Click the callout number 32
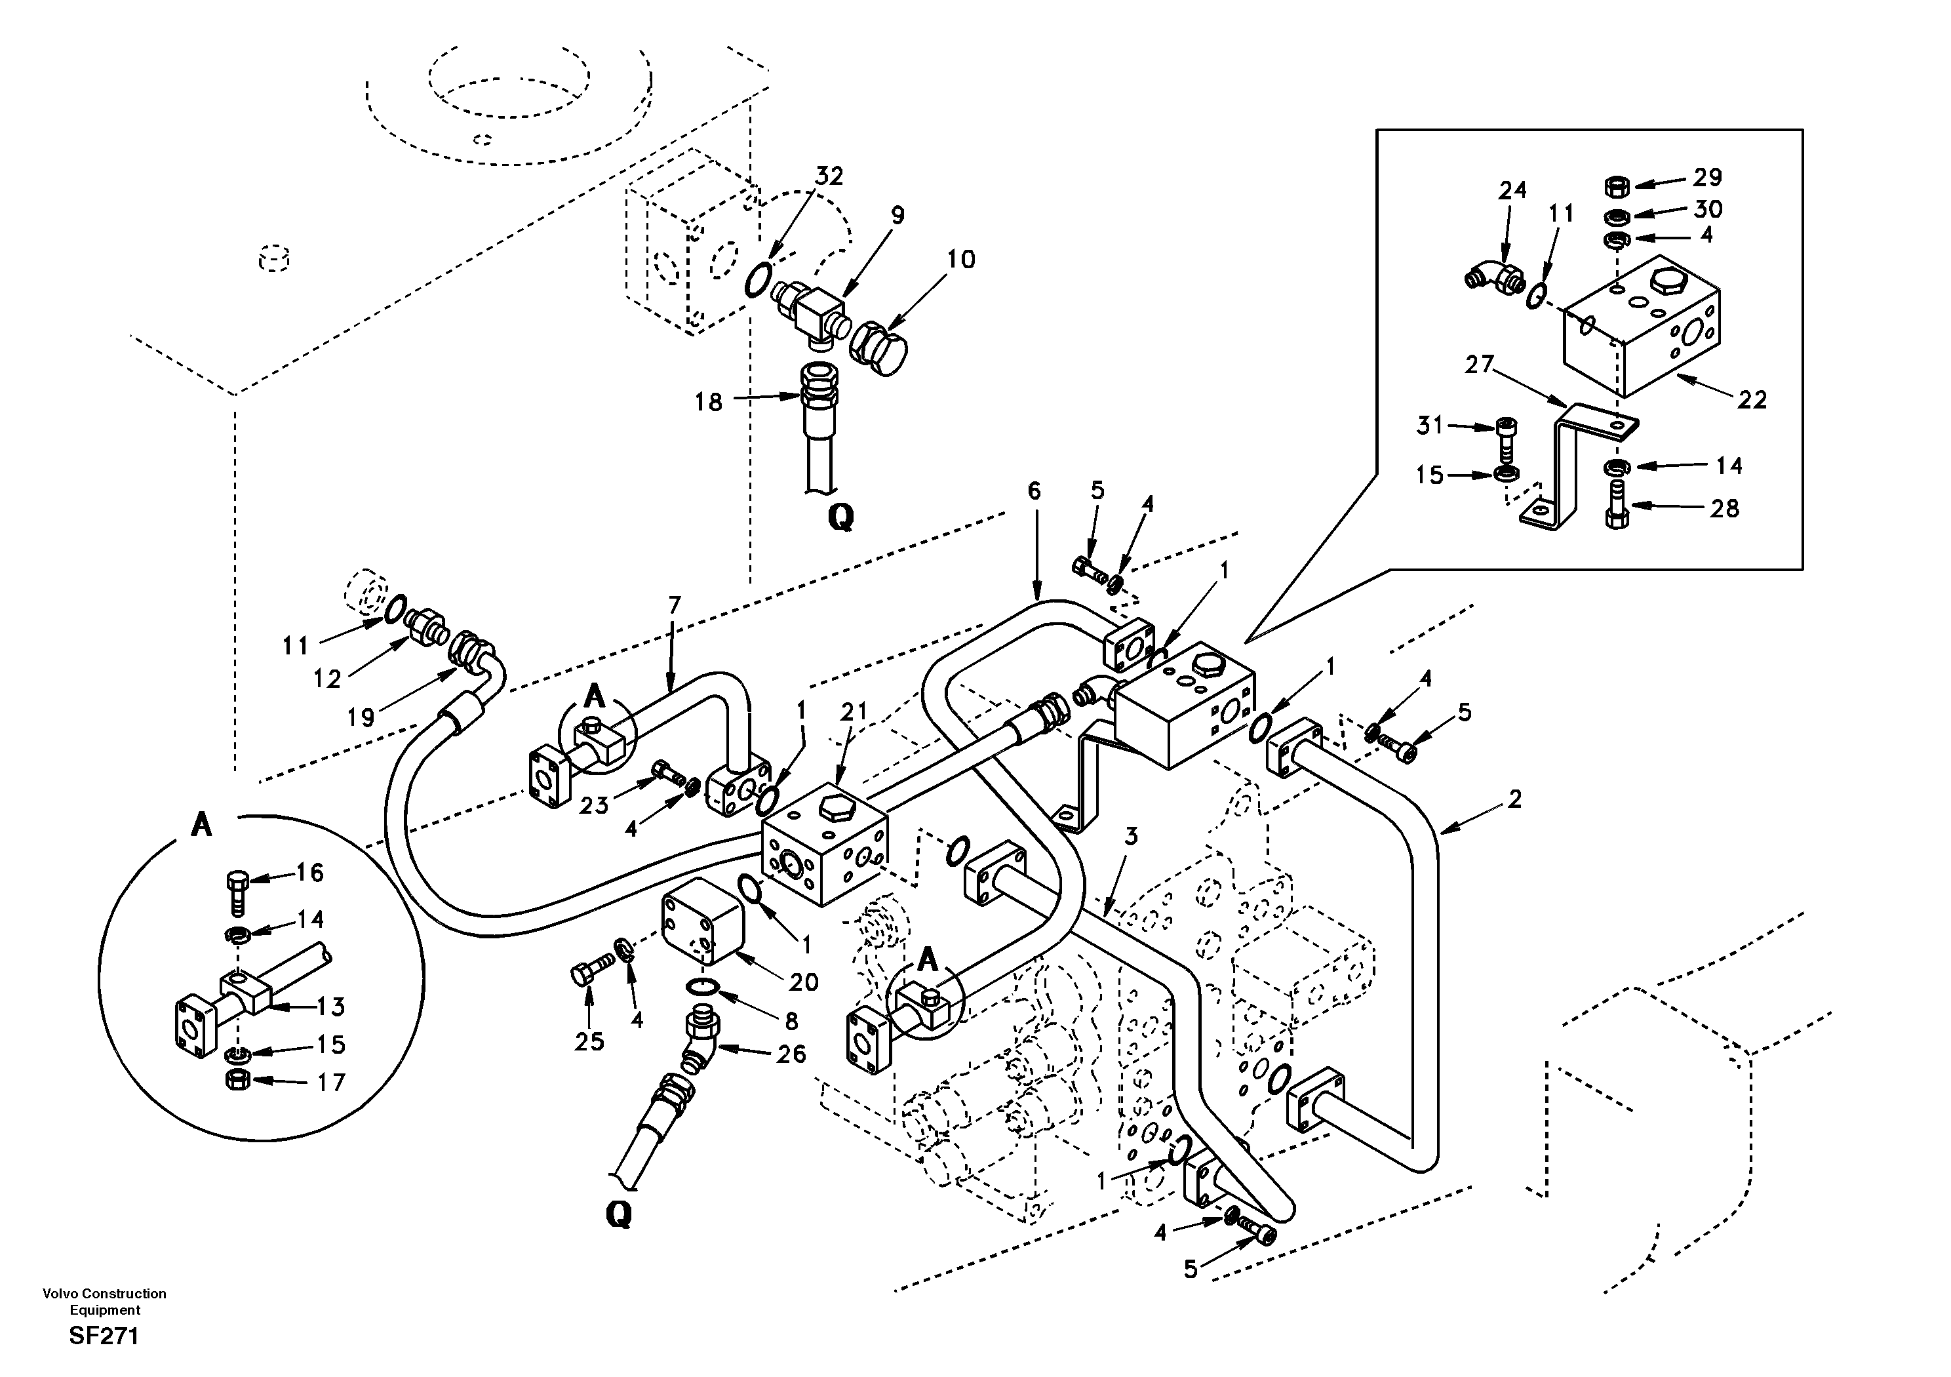pyautogui.click(x=829, y=176)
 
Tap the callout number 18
pyautogui.click(x=708, y=401)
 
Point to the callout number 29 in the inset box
pyautogui.click(x=1706, y=178)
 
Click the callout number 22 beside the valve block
pyautogui.click(x=1751, y=399)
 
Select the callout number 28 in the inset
pyautogui.click(x=1724, y=508)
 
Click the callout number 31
pyautogui.click(x=1429, y=425)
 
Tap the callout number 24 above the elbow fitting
pyautogui.click(x=1512, y=190)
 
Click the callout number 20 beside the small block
pyautogui.click(x=802, y=983)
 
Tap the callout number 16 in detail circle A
pyautogui.click(x=309, y=872)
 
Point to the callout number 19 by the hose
pyautogui.click(x=361, y=717)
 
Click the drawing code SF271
pyautogui.click(x=104, y=1336)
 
